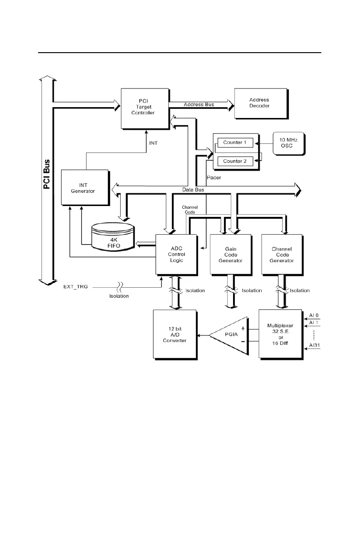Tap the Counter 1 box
(234, 142)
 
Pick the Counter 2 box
(234, 161)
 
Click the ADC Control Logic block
(176, 254)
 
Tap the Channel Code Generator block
(282, 254)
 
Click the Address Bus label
(199, 105)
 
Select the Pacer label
(214, 177)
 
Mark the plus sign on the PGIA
(242, 328)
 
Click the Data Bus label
(192, 189)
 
